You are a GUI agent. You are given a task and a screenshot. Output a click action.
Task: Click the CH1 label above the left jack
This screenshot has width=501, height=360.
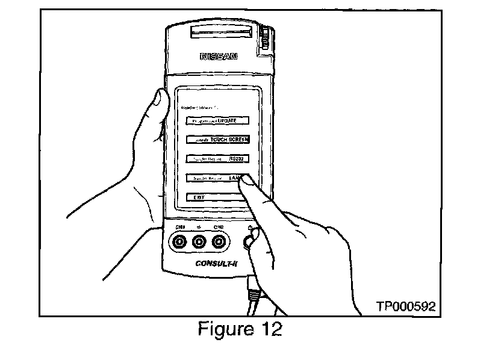coord(179,227)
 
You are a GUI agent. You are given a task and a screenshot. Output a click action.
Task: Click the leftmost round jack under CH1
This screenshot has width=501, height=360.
coord(179,243)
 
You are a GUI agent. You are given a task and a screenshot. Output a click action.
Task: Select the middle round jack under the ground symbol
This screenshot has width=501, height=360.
coord(199,243)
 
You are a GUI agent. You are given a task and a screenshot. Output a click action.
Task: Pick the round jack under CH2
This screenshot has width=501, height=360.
coord(219,243)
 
